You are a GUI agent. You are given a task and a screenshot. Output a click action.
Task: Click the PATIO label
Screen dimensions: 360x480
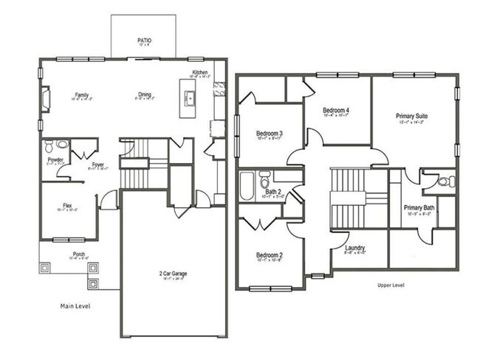[x=143, y=41]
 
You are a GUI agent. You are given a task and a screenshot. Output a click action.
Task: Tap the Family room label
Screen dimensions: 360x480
[x=81, y=94]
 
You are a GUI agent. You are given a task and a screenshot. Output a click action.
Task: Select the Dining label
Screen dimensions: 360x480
[x=145, y=94]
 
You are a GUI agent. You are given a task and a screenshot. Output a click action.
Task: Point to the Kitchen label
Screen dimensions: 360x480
[x=200, y=72]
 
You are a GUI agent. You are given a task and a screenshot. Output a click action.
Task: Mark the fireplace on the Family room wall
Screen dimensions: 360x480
[x=46, y=97]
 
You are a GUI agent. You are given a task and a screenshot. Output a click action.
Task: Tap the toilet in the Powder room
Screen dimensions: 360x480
[x=50, y=145]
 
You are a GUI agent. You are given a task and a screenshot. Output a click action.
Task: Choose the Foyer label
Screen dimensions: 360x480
[x=97, y=165]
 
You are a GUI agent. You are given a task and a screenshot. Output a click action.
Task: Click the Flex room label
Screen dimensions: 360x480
[x=66, y=206]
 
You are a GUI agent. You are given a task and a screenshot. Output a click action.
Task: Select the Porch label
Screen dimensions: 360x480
[x=78, y=255]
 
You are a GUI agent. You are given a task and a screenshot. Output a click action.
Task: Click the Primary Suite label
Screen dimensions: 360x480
[x=412, y=117]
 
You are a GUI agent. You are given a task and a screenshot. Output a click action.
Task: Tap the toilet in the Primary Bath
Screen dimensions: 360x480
[x=445, y=181]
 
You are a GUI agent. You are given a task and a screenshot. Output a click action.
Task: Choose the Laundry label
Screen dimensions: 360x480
[x=354, y=248]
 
